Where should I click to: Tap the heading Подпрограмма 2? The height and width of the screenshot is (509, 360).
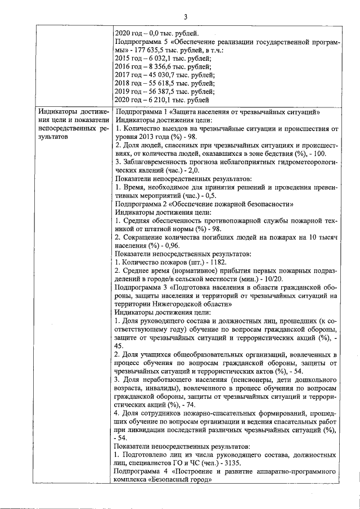[141, 204]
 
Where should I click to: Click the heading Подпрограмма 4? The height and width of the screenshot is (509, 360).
[141, 470]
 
